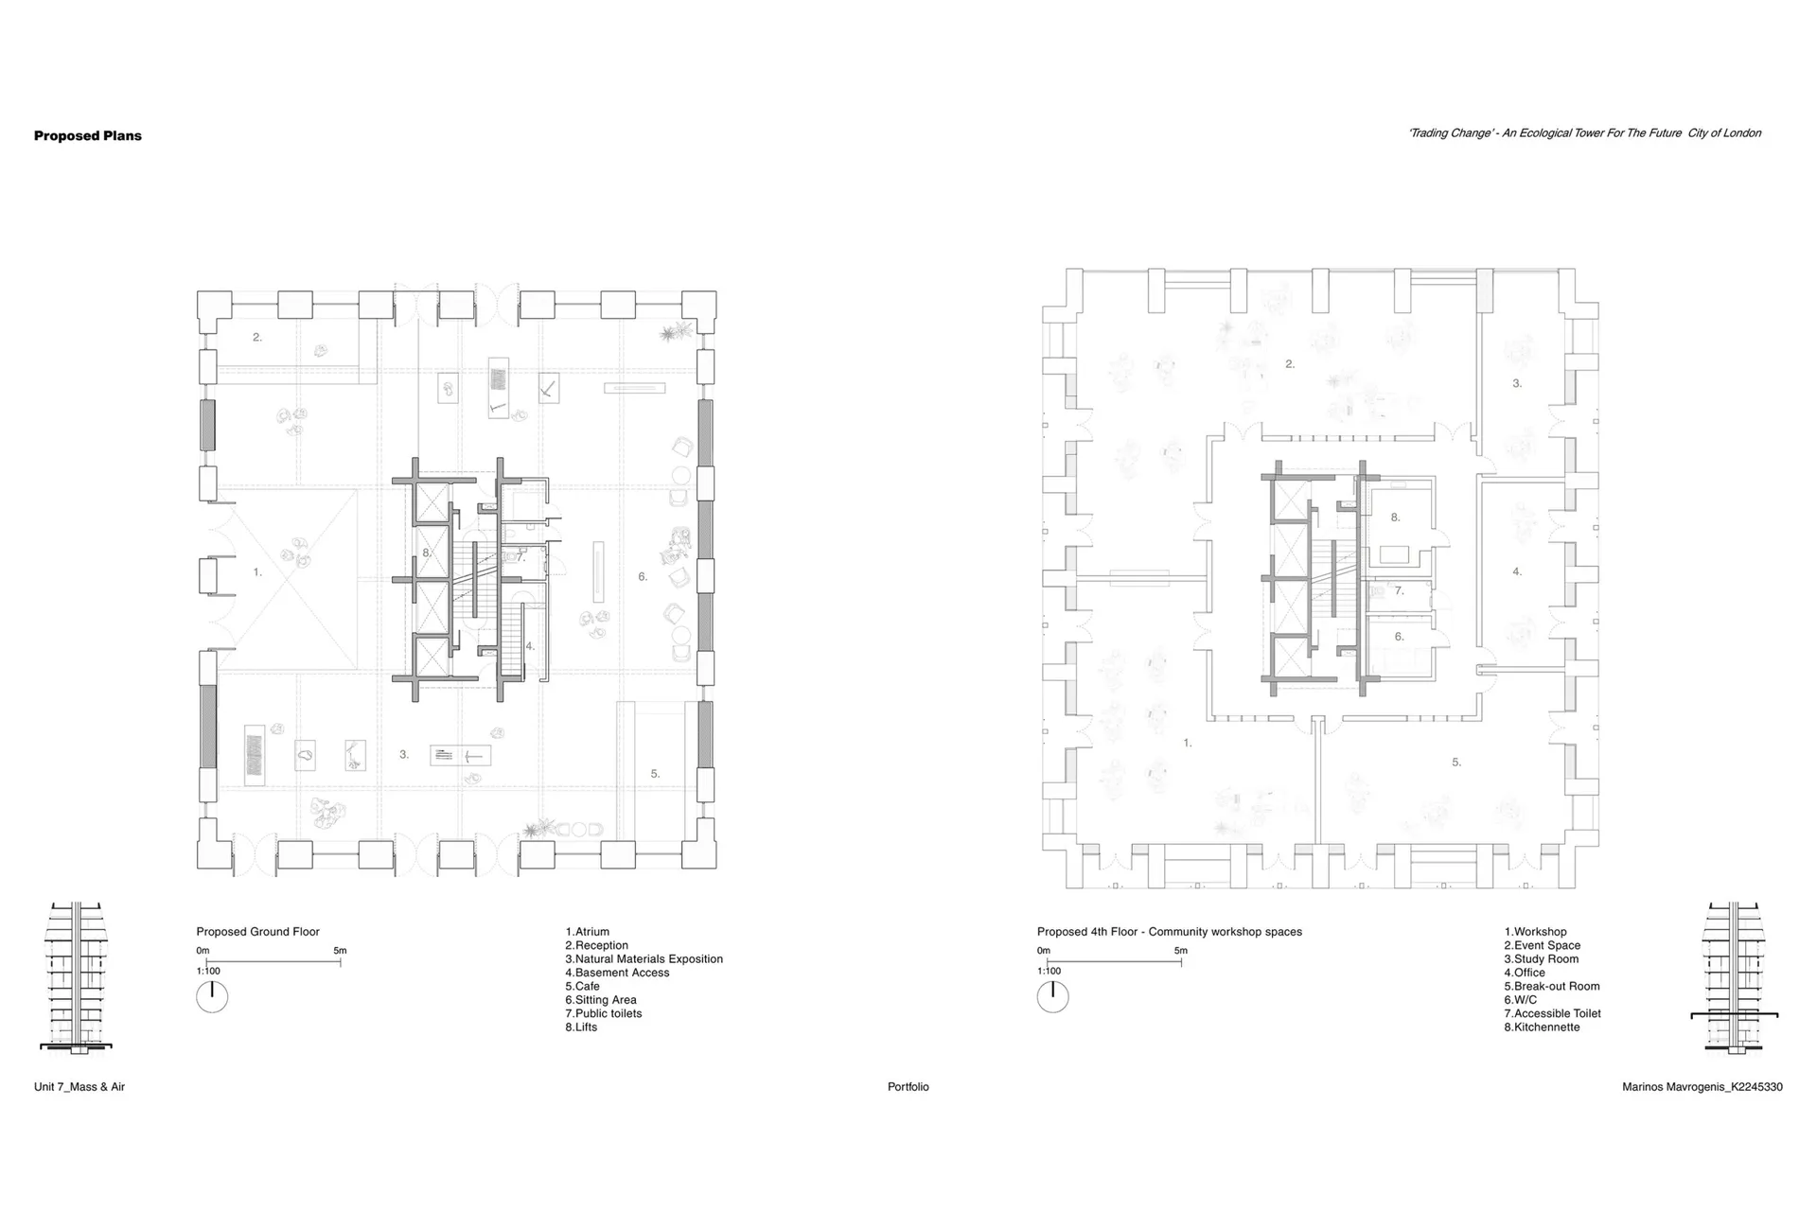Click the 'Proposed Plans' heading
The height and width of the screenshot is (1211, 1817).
(x=88, y=135)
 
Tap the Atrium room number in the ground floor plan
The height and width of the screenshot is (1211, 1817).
(x=257, y=572)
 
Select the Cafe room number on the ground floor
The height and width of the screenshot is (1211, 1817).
(x=655, y=774)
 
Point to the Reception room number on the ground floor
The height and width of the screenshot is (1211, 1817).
(x=257, y=337)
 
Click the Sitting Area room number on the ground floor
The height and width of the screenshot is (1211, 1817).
(x=643, y=577)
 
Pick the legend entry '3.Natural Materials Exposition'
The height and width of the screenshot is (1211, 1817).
(x=644, y=959)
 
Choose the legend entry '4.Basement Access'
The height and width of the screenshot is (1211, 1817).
(x=617, y=973)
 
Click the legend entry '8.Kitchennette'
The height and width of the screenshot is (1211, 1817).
(x=1542, y=1027)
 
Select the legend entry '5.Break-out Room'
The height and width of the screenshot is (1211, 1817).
(x=1552, y=986)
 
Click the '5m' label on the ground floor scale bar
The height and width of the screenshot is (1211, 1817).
(x=340, y=951)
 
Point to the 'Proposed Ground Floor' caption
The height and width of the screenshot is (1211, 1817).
(x=258, y=932)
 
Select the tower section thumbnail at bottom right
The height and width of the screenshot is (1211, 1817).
(x=1735, y=977)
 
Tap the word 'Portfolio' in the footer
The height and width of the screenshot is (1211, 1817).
(x=908, y=1087)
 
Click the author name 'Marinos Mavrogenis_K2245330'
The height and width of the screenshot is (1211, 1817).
(x=1702, y=1087)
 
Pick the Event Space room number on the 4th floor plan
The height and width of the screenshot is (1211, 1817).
(x=1290, y=364)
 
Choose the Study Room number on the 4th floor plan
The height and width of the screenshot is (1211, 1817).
(x=1517, y=384)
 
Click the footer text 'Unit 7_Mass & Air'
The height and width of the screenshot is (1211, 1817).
(x=79, y=1087)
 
